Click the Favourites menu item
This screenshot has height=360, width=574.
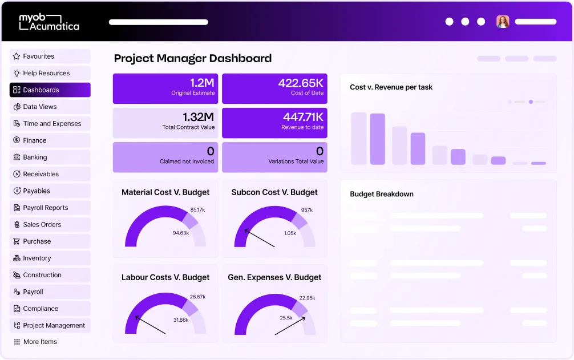tap(50, 56)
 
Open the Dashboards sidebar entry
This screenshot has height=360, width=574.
tap(50, 90)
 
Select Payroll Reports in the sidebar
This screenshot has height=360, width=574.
tap(50, 208)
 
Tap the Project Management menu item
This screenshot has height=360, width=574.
tap(50, 325)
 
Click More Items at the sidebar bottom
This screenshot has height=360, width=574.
tap(40, 342)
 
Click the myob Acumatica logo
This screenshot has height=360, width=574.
tap(49, 22)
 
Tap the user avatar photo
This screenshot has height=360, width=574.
tap(503, 22)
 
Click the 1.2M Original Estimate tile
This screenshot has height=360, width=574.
tap(165, 88)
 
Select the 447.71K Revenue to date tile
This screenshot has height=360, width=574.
tap(274, 122)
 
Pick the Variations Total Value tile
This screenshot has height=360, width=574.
tap(274, 156)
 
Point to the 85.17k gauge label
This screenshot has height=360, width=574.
tap(197, 209)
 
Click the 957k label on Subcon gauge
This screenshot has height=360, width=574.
tap(307, 210)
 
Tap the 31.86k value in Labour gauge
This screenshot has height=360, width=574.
tap(180, 319)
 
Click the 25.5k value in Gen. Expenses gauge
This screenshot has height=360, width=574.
tap(286, 318)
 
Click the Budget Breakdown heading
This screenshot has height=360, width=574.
tap(382, 194)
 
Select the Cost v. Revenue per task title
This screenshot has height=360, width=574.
tap(391, 87)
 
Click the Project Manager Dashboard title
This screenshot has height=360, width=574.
tap(193, 58)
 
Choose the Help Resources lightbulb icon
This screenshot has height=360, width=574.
tap(17, 73)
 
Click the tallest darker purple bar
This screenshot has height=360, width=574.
tap(378, 139)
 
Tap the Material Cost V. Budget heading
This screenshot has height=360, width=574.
tap(165, 192)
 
